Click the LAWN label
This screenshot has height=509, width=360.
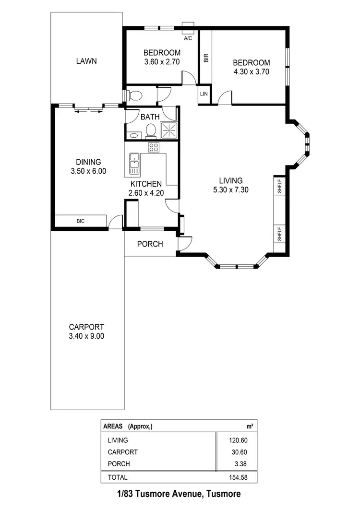pyautogui.click(x=86, y=61)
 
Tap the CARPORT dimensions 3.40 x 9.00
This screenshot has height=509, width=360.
pyautogui.click(x=86, y=336)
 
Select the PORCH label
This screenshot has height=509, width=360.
pyautogui.click(x=150, y=244)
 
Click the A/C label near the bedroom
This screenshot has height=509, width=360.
pyautogui.click(x=188, y=38)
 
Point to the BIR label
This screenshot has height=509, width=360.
pyautogui.click(x=206, y=58)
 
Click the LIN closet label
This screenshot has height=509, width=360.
pyautogui.click(x=204, y=94)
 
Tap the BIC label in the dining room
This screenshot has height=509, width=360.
pyautogui.click(x=81, y=221)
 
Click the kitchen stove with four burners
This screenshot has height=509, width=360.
pyautogui.click(x=153, y=147)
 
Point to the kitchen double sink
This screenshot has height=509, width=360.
pyautogui.click(x=134, y=164)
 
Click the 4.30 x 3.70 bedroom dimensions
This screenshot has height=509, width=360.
pyautogui.click(x=251, y=72)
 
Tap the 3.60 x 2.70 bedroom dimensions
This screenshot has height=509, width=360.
pyautogui.click(x=162, y=62)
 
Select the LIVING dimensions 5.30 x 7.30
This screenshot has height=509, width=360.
pyautogui.click(x=230, y=189)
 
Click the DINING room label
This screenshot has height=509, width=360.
pyautogui.click(x=88, y=162)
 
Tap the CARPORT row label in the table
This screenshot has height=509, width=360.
pyautogui.click(x=123, y=452)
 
